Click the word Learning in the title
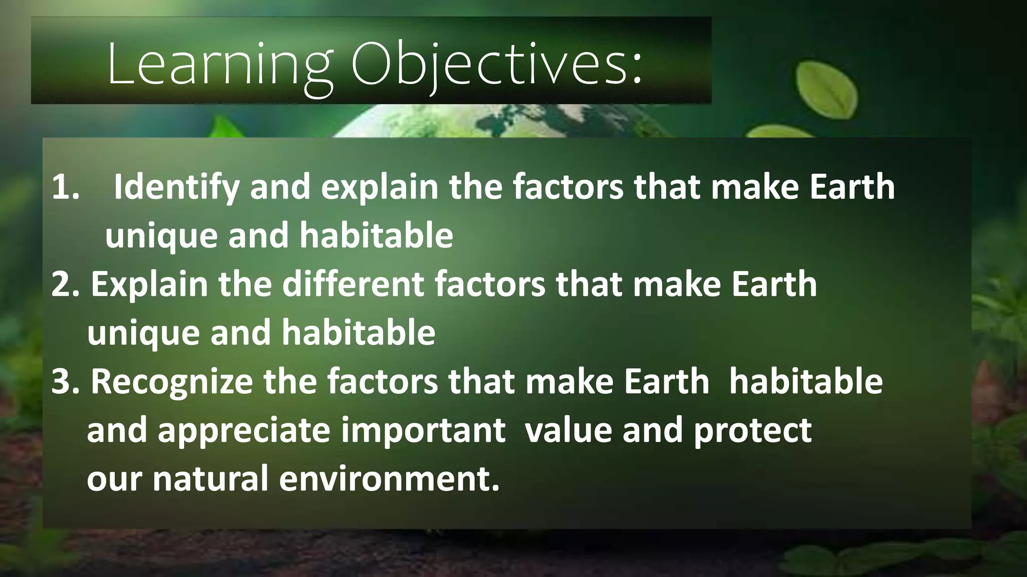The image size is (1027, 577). tap(220, 64)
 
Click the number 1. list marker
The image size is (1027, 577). tap(66, 187)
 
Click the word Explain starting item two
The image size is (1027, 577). tap(149, 284)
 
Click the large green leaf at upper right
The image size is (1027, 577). tap(825, 90)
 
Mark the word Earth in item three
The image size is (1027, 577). tap(667, 382)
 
